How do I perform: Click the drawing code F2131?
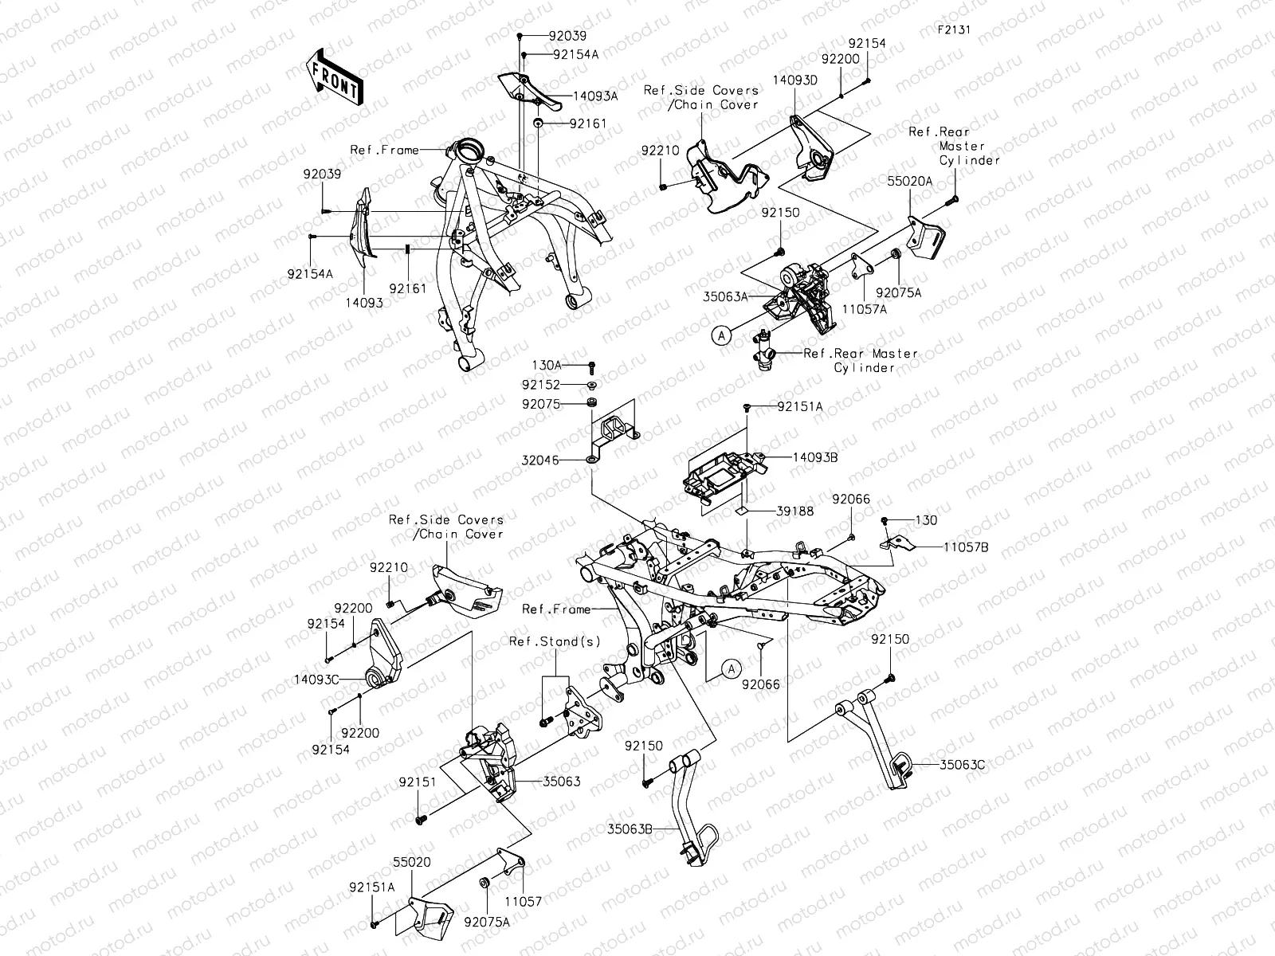[x=953, y=30]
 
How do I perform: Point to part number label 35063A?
[x=726, y=296]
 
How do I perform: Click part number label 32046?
[x=540, y=460]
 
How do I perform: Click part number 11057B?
[x=967, y=548]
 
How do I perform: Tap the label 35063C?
[x=963, y=764]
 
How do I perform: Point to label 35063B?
[x=630, y=829]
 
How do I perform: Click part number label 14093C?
[x=317, y=680]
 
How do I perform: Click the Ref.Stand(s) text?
[x=555, y=641]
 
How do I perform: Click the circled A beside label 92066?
[x=732, y=669]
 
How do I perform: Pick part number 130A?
[x=547, y=365]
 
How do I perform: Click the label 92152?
[x=541, y=384]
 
